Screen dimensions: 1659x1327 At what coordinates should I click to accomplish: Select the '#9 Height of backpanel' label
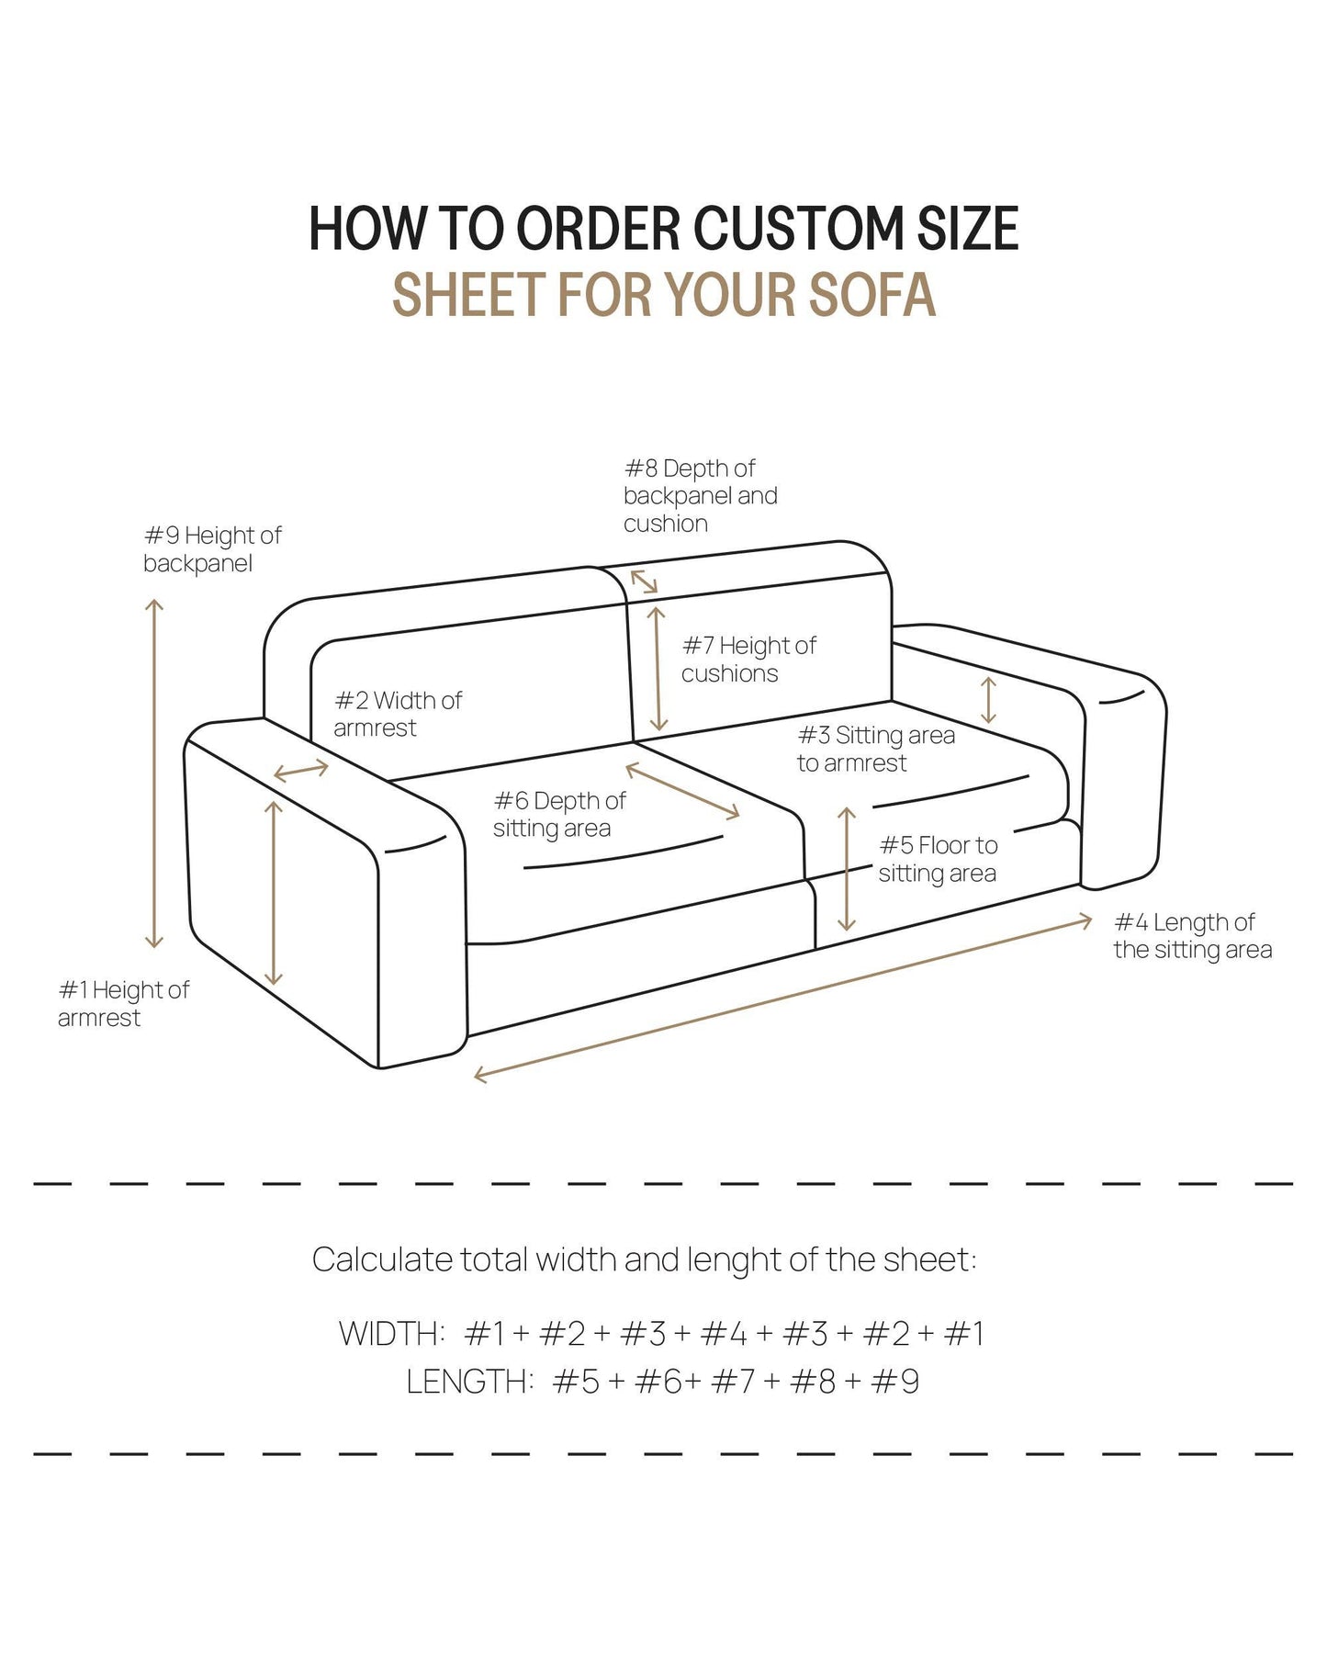[x=212, y=549]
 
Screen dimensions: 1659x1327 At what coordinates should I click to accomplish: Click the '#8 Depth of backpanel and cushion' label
[x=700, y=496]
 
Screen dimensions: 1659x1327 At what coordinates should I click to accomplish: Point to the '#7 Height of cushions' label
[x=748, y=660]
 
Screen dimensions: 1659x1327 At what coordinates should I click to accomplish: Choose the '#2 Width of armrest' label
[x=397, y=715]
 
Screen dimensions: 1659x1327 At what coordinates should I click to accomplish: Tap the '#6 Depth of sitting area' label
[x=558, y=815]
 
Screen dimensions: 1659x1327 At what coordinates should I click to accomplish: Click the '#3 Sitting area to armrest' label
[x=875, y=749]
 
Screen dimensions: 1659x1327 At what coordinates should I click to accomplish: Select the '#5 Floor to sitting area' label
[x=938, y=859]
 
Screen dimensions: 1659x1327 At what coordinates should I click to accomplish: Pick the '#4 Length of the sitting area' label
[x=1192, y=936]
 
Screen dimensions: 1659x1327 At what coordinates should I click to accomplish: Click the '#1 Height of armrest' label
[x=123, y=1004]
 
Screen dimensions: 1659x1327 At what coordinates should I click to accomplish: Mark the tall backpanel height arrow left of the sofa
[x=154, y=773]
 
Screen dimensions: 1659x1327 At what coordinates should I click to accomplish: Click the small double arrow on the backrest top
[x=644, y=581]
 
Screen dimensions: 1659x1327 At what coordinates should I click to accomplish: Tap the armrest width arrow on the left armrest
[x=301, y=771]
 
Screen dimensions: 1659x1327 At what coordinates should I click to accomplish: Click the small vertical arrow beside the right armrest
[x=988, y=700]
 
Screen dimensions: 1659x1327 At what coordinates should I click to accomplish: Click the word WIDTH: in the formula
[x=392, y=1334]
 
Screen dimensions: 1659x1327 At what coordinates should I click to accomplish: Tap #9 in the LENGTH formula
[x=894, y=1382]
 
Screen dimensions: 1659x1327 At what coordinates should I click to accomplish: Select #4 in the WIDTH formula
[x=724, y=1334]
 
